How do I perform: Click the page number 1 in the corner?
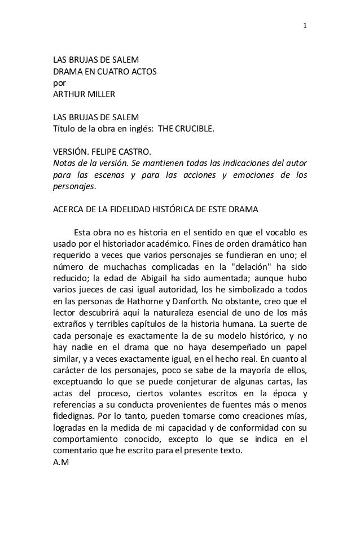click(305, 25)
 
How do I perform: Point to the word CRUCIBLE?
click(195, 129)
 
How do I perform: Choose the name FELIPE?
click(108, 152)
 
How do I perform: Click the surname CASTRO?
click(137, 152)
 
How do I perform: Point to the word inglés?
click(141, 129)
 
